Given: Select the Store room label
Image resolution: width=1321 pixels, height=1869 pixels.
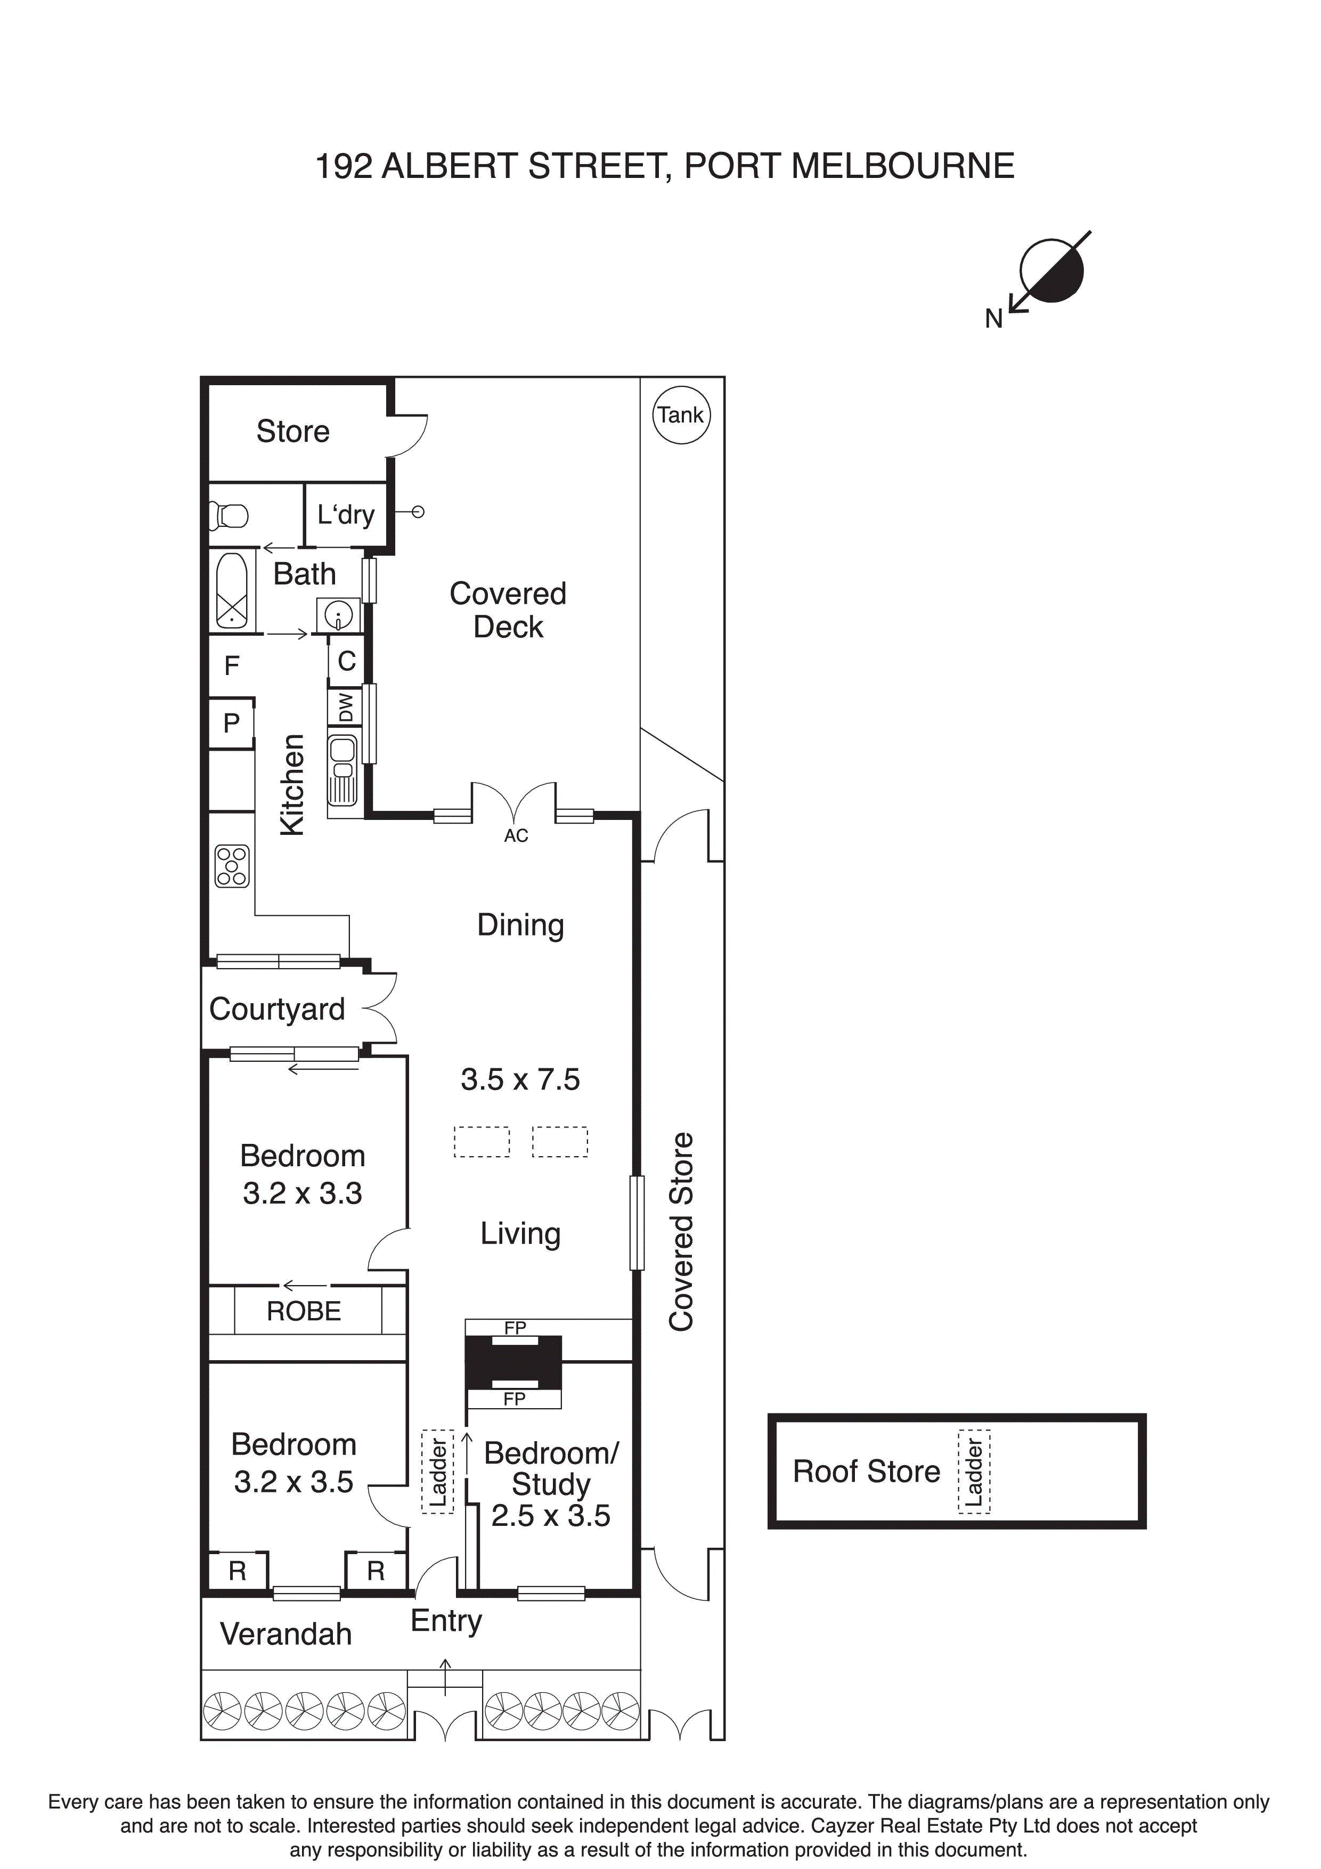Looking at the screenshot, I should (x=293, y=432).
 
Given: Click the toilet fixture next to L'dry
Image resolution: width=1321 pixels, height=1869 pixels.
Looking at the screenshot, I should (x=230, y=515).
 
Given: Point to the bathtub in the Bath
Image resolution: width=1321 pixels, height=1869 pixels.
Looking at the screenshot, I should (x=232, y=590).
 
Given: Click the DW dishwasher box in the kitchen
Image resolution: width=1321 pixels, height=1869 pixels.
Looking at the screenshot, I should (x=346, y=706).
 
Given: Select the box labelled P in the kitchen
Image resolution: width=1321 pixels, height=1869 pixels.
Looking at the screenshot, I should (x=232, y=723).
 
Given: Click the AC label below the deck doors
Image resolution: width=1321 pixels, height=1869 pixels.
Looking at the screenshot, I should (x=516, y=836).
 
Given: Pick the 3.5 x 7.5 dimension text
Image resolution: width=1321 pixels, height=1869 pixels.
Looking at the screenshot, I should (x=520, y=1079).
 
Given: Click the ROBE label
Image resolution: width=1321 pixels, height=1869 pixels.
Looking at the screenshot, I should (x=304, y=1311).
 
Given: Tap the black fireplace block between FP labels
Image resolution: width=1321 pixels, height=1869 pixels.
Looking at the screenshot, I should (x=513, y=1363).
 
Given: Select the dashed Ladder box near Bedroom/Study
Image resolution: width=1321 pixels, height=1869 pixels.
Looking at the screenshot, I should (x=438, y=1472).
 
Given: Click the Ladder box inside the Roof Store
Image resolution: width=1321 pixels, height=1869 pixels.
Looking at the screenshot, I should (x=974, y=1472).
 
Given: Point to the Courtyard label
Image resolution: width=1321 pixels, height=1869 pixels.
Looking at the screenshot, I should (x=277, y=1010).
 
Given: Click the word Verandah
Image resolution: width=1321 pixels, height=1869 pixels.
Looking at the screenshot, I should (x=286, y=1634).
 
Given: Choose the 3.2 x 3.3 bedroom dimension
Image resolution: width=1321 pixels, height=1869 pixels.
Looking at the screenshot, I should (x=302, y=1193).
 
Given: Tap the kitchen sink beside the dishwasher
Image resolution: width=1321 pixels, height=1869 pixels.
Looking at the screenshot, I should (x=343, y=769).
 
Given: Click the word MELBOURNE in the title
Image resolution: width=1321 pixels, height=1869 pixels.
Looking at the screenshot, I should (x=903, y=166).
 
